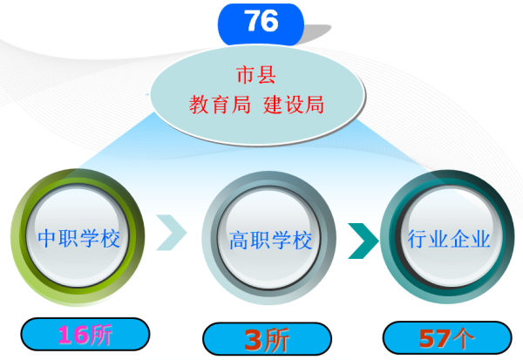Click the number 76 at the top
pyautogui.click(x=261, y=21)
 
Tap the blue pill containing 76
pyautogui.click(x=261, y=24)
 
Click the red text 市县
pyautogui.click(x=256, y=75)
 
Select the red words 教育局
pyautogui.click(x=220, y=105)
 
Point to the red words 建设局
pyautogui.click(x=294, y=105)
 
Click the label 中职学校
pyautogui.click(x=78, y=238)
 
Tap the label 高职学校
pyautogui.click(x=270, y=240)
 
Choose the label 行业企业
pyautogui.click(x=449, y=239)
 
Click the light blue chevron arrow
pyautogui.click(x=172, y=233)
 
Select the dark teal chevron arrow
pyautogui.click(x=363, y=241)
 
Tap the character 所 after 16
pyautogui.click(x=100, y=335)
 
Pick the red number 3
pyautogui.click(x=253, y=340)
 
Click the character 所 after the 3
pyautogui.click(x=275, y=340)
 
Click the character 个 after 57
pyautogui.click(x=462, y=339)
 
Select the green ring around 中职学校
pyautogui.click(x=20, y=237)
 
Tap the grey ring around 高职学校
pyautogui.click(x=210, y=238)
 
